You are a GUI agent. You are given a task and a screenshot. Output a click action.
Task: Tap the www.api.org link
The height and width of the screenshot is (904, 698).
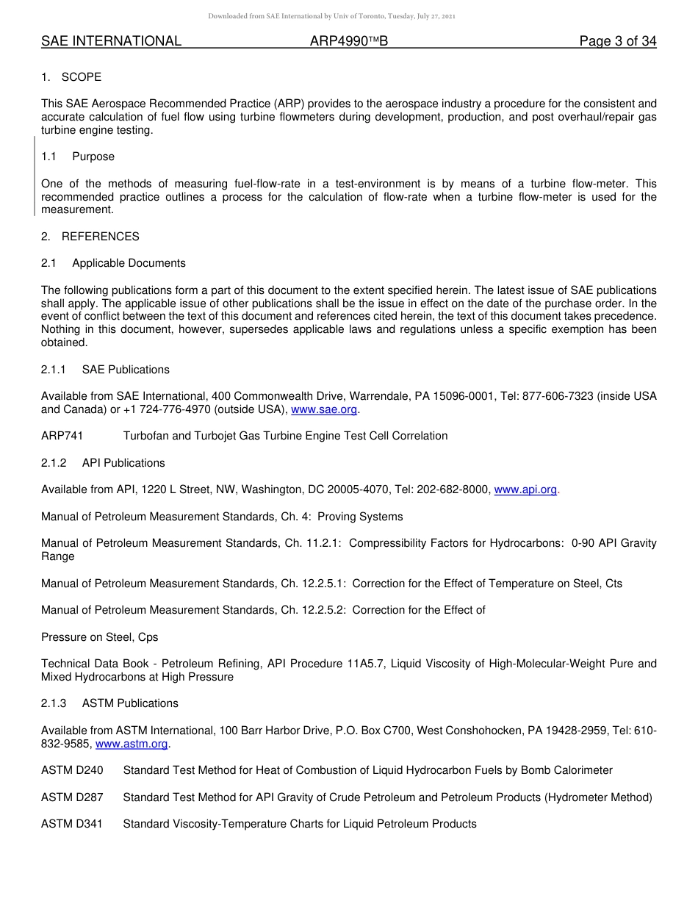click(525, 489)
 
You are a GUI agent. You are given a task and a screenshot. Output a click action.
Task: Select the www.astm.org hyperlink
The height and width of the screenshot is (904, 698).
click(132, 744)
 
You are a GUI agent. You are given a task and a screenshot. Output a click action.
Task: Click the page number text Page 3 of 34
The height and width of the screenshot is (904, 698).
click(617, 41)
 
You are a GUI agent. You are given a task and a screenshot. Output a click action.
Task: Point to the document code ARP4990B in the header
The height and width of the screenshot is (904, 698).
click(348, 41)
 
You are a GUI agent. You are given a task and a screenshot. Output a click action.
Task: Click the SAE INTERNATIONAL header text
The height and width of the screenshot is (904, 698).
click(111, 41)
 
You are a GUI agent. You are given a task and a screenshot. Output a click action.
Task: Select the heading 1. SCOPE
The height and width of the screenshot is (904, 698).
click(71, 77)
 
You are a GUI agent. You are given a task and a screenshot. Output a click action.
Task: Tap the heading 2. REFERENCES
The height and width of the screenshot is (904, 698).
click(90, 237)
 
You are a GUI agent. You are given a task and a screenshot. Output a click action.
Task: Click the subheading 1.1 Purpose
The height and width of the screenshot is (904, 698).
click(78, 157)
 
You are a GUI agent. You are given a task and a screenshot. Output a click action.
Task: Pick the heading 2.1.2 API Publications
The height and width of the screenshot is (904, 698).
click(103, 463)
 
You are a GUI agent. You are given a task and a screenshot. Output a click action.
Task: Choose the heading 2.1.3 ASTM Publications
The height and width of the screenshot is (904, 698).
click(109, 703)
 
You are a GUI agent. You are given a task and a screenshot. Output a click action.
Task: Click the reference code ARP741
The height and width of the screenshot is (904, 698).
click(62, 436)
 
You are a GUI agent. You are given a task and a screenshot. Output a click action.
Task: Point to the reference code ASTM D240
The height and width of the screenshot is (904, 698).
click(72, 770)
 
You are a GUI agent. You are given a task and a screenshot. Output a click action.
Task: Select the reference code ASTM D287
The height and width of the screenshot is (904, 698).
click(72, 797)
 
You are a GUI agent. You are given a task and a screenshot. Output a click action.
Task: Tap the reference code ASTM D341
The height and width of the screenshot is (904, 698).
click(72, 824)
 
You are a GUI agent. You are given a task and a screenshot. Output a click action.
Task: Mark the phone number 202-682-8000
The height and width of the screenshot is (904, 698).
click(453, 489)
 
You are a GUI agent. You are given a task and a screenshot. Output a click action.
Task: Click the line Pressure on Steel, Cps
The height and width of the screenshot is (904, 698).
click(99, 637)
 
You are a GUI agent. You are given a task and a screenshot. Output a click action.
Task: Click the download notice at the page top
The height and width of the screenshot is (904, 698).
click(331, 16)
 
